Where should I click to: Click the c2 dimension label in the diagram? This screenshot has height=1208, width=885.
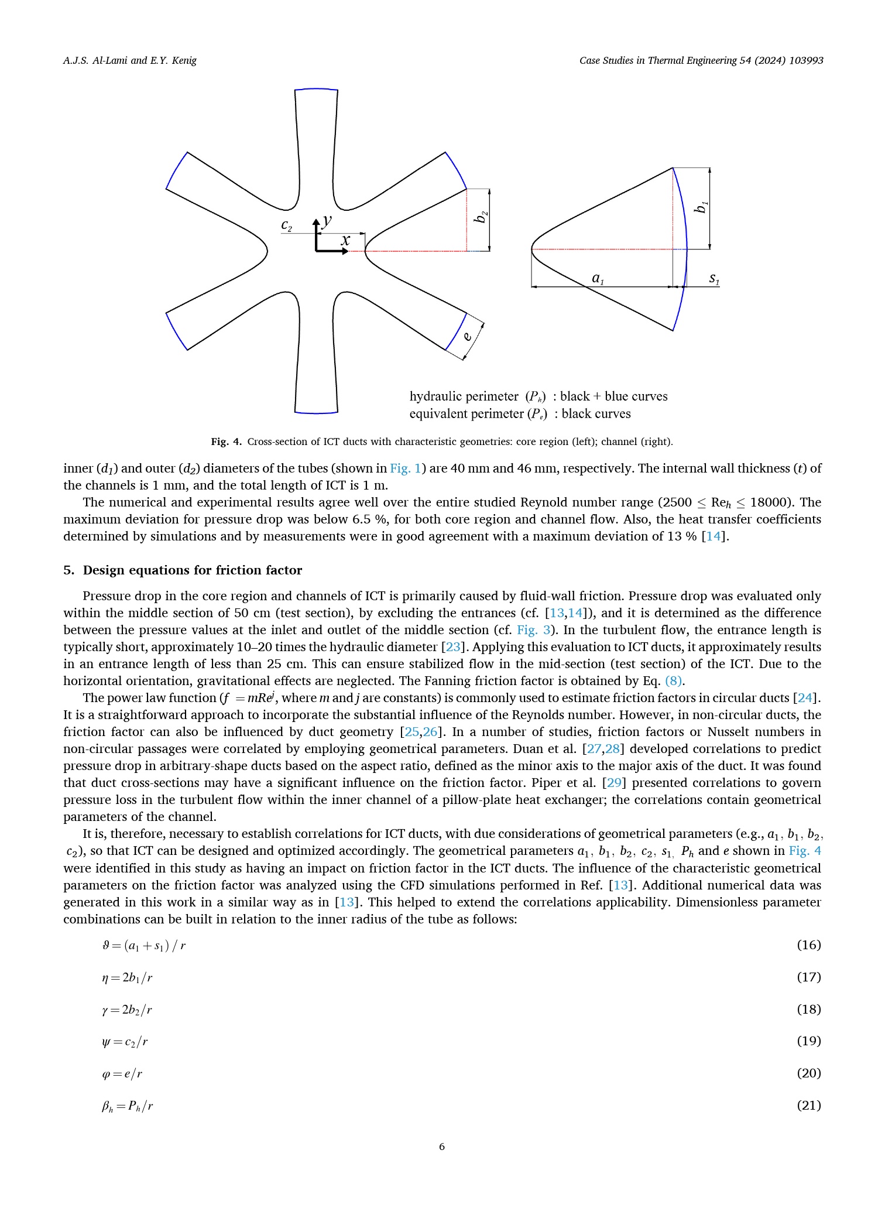point(286,225)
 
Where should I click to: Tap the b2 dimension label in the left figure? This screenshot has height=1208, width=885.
point(481,217)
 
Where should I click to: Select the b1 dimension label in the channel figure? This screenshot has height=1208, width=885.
point(702,207)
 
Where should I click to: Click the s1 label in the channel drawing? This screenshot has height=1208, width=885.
point(714,279)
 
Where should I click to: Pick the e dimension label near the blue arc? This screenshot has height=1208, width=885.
point(467,336)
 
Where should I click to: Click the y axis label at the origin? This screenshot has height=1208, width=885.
point(327,220)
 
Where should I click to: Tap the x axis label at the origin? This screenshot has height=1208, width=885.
point(345,240)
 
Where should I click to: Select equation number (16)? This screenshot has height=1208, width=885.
point(809,945)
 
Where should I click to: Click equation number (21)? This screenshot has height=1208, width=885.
point(809,1106)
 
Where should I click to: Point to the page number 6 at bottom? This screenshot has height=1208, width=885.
point(442,1147)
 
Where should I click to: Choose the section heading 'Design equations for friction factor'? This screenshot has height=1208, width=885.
point(192,570)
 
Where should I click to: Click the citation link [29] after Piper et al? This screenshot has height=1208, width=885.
point(614,783)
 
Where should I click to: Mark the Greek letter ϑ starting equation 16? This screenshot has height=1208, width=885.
point(105,945)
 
